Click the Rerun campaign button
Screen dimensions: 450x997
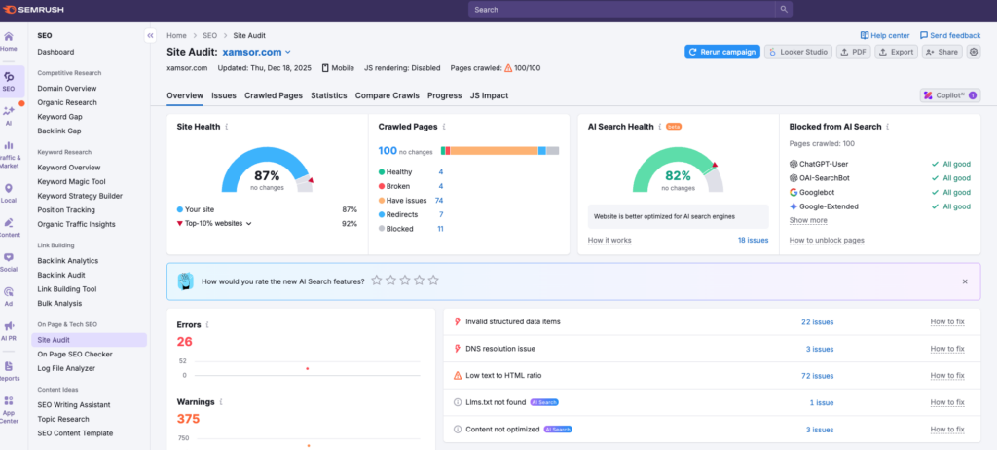point(721,52)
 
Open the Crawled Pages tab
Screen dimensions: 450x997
point(273,95)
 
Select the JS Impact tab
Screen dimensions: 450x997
point(489,95)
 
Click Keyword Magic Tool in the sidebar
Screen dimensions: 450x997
point(71,181)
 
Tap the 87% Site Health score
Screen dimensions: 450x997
point(267,175)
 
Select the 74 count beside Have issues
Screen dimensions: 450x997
point(439,200)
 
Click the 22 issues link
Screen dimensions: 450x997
point(816,321)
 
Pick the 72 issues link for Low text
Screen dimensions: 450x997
point(816,375)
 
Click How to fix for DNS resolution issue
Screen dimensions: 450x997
point(947,349)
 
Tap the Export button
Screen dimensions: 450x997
point(896,52)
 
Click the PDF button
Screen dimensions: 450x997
point(853,52)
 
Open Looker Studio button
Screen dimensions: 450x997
point(796,52)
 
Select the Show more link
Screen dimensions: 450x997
point(808,220)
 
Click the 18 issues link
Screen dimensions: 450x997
point(753,240)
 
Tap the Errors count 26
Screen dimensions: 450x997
point(184,341)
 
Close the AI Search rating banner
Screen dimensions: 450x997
point(964,281)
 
